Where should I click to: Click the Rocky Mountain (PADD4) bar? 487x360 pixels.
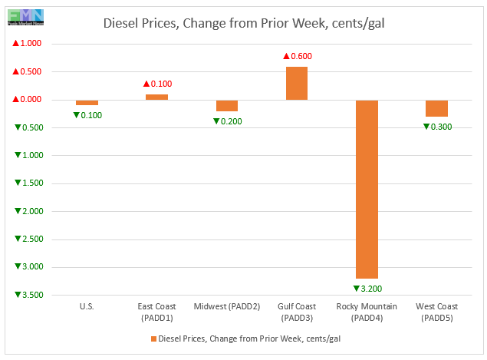367,189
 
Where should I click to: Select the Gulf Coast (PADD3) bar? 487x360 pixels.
297,83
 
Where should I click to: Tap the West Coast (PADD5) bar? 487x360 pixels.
437,108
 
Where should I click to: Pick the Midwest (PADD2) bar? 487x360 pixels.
227,106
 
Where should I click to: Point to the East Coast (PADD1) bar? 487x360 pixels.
156,97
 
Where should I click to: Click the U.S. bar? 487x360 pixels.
87,102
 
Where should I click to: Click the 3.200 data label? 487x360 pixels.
367,289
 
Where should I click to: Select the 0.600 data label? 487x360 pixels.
297,56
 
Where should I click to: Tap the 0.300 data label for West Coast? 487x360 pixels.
437,127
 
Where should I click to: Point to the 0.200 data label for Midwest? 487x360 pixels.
227,121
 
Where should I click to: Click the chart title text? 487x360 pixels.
243,24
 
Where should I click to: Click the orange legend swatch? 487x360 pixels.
153,339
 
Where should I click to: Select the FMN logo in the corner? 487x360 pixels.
26,15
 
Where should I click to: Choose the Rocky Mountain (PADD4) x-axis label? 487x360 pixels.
367,312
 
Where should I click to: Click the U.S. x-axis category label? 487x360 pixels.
87,307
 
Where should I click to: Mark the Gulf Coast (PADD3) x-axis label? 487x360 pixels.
297,312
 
